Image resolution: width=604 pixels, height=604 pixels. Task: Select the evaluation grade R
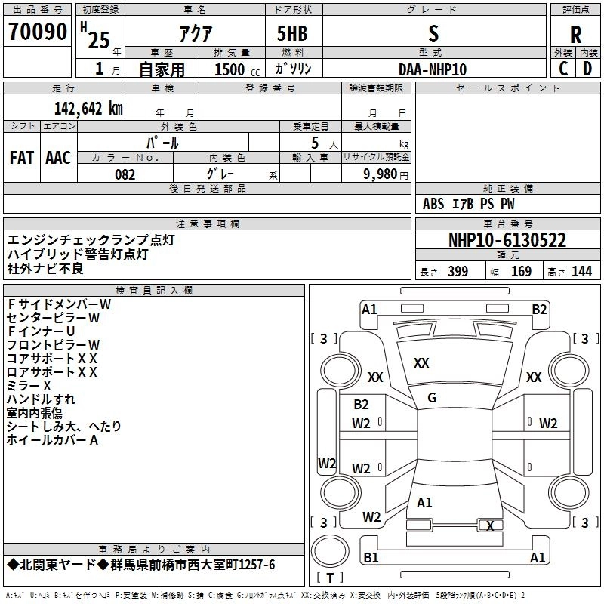pos(575,34)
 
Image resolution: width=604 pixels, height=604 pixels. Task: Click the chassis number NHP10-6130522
pos(507,240)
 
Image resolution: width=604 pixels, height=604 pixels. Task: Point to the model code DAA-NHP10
pos(433,69)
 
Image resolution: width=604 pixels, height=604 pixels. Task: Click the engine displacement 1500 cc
pos(231,70)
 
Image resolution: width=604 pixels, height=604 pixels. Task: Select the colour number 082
pos(125,175)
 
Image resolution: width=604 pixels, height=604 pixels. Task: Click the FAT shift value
pos(21,157)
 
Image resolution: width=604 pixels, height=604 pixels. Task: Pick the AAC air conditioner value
pos(58,157)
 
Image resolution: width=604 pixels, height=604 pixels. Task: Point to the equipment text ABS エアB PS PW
pos(469,204)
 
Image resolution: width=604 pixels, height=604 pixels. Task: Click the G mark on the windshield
pos(432,398)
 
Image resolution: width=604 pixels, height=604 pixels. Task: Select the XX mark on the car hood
pos(421,363)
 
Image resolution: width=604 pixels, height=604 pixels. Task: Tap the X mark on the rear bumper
pos(491,525)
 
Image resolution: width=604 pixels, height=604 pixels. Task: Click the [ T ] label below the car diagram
pos(330,578)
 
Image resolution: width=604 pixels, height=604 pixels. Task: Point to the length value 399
pos(458,272)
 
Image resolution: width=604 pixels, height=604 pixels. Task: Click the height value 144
pos(581,272)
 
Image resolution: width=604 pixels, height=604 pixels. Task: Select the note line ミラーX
pos(29,385)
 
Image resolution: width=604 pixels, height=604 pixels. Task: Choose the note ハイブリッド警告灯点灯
pos(78,254)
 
